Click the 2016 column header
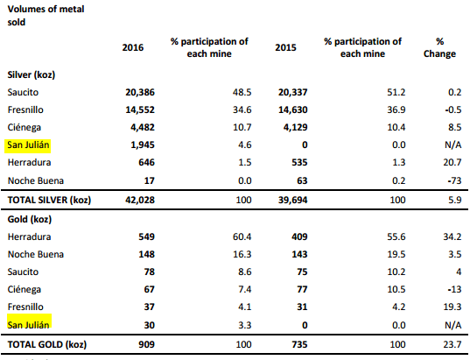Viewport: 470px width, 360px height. point(133,47)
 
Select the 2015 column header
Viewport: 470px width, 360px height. point(285,47)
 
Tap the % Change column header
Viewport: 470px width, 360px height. point(439,47)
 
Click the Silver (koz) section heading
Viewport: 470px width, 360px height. point(32,74)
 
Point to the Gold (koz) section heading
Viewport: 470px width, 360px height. point(30,219)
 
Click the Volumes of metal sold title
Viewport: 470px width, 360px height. point(46,16)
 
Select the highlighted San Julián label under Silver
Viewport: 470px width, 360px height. point(28,145)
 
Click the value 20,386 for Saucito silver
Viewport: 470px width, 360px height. point(140,92)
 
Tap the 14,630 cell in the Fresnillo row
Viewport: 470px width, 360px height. point(293,109)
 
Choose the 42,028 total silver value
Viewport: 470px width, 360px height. point(140,200)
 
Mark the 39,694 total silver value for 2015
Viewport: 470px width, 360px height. point(293,200)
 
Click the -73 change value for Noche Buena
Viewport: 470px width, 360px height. point(454,180)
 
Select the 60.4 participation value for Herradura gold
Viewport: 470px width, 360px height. point(242,236)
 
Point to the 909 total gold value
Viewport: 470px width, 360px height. point(146,344)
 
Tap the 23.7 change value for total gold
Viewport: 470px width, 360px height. point(452,344)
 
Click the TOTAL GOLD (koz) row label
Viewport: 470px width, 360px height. point(47,344)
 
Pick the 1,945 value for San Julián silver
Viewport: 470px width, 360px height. point(143,145)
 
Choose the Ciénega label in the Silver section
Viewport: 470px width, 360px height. point(24,128)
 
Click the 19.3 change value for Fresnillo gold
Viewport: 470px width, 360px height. point(452,307)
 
